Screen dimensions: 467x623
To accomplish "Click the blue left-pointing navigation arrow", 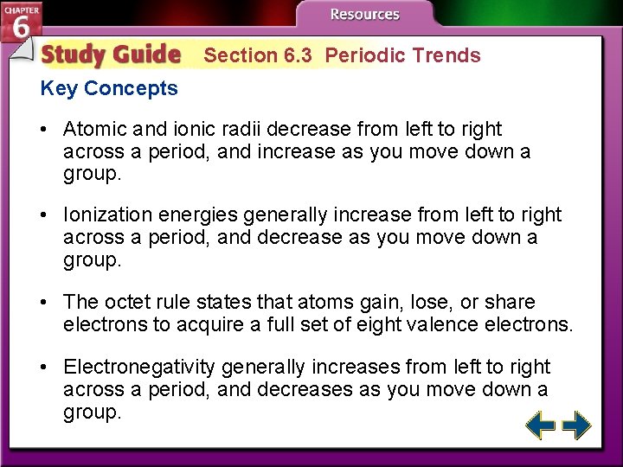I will [x=541, y=425].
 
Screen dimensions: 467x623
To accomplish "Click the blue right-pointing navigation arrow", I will [x=577, y=425].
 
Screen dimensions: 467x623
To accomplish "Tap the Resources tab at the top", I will [x=364, y=15].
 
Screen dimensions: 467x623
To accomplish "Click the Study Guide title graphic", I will [x=111, y=54].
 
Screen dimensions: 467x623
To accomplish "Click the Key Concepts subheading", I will [x=109, y=88].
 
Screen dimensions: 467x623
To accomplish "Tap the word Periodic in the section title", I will [x=365, y=55].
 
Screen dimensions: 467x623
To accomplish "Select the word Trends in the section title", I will [x=446, y=55].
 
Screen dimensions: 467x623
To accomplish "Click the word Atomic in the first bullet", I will [x=94, y=129].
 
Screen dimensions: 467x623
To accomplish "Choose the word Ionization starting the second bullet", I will [x=107, y=214].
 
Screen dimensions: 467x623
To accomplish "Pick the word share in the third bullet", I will [x=512, y=302].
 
